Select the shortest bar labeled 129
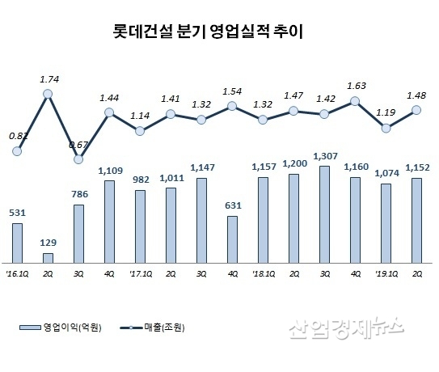pyautogui.click(x=48, y=257)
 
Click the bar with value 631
pyautogui.click(x=233, y=239)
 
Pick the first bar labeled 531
pyautogui.click(x=17, y=242)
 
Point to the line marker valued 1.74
pyautogui.click(x=48, y=95)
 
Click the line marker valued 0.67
pyautogui.click(x=78, y=159)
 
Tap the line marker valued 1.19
pyautogui.click(x=386, y=128)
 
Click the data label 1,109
pyautogui.click(x=109, y=171)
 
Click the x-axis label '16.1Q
pyautogui.click(x=17, y=274)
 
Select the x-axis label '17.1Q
pyautogui.click(x=140, y=274)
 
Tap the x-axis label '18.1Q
pyautogui.click(x=263, y=274)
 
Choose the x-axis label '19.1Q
pyautogui.click(x=386, y=274)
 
